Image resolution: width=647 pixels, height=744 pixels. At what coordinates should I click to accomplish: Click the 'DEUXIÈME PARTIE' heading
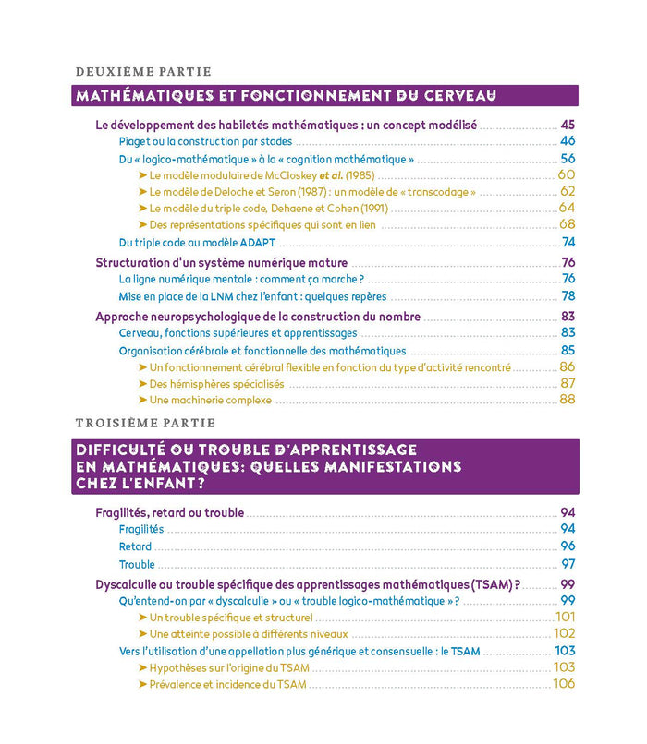pos(142,71)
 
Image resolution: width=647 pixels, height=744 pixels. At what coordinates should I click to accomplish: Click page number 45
pos(568,125)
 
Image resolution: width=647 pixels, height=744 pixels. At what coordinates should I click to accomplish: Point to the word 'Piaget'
pos(137,141)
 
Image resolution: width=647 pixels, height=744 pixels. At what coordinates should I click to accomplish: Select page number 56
pos(568,159)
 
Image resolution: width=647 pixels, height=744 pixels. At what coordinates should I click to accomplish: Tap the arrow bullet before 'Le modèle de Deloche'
pos(142,192)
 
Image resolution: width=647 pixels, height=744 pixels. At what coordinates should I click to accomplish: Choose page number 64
pos(567,208)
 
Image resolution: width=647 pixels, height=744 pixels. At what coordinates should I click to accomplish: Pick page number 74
pos(568,242)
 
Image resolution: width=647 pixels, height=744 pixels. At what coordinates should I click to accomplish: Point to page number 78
pos(568,296)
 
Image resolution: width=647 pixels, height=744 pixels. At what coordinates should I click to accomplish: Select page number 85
pos(568,350)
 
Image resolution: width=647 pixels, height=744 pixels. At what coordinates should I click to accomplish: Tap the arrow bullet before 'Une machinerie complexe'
pos(142,400)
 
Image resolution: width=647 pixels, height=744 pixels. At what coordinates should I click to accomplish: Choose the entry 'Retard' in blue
pos(135,546)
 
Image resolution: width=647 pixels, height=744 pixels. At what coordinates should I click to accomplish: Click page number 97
pos(568,563)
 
